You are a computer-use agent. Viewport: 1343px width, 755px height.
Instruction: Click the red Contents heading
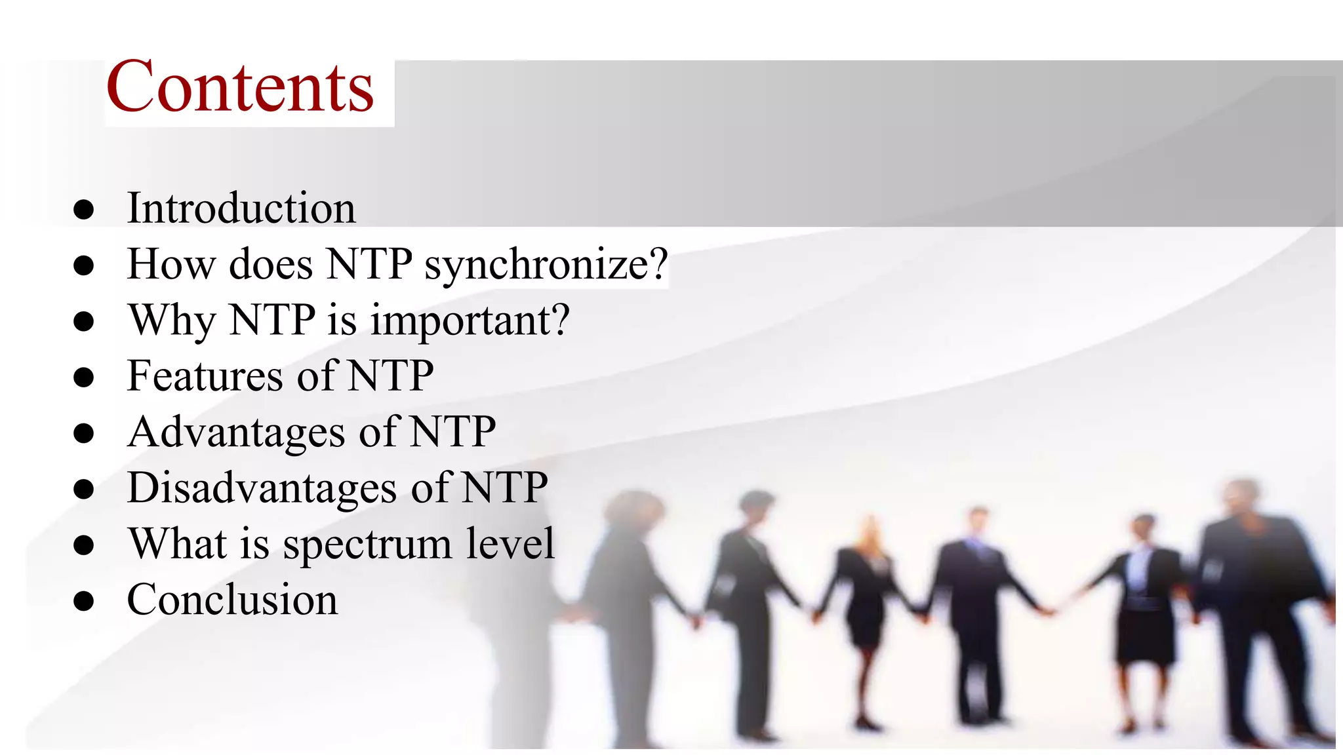tap(240, 87)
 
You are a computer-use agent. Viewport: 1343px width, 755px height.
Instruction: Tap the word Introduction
tap(241, 208)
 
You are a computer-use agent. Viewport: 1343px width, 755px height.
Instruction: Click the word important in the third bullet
tap(460, 320)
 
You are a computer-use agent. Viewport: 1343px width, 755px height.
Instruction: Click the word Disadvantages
tap(262, 488)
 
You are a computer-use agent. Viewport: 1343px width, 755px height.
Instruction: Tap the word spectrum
tap(367, 545)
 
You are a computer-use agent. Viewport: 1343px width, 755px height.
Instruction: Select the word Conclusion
tap(232, 600)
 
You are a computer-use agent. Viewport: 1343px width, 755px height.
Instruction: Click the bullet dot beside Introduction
tap(84, 210)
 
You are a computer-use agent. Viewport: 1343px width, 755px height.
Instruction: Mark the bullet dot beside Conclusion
tap(84, 601)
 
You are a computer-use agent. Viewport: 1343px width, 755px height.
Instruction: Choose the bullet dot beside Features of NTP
tap(84, 377)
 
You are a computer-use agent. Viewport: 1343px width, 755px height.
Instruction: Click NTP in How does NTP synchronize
tap(369, 264)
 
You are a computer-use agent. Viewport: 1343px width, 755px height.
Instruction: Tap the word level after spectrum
tap(510, 543)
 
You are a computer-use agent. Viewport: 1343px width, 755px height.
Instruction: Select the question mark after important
tap(559, 320)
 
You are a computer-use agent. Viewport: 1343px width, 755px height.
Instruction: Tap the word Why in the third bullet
tap(171, 320)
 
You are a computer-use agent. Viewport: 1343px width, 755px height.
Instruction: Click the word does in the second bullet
tap(270, 264)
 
